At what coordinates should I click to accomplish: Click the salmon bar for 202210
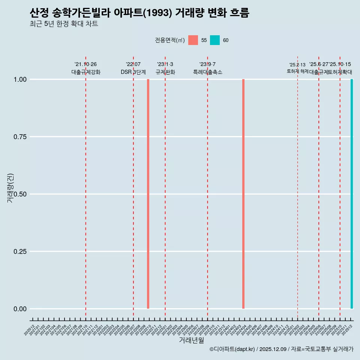tap(148, 194)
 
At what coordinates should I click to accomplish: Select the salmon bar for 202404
tap(243, 194)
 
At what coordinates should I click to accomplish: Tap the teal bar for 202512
tap(352, 194)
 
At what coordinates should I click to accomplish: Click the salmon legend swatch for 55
tap(193, 40)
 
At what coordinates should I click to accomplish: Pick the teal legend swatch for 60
tap(215, 40)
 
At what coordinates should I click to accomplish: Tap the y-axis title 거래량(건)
tap(10, 188)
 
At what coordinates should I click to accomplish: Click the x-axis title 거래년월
tap(191, 340)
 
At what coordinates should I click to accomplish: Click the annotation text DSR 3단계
tap(133, 72)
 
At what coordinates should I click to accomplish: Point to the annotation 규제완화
tap(165, 72)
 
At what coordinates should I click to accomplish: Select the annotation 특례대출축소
tap(208, 72)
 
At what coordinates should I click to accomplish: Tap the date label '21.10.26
tap(85, 64)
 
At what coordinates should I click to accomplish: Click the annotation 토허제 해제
tap(298, 71)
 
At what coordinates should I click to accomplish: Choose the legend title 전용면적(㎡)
tap(169, 40)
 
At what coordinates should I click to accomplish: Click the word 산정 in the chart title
tap(39, 13)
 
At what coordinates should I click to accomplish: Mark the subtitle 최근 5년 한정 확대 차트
tap(64, 24)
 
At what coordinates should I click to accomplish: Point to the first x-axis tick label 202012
tap(30, 330)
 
